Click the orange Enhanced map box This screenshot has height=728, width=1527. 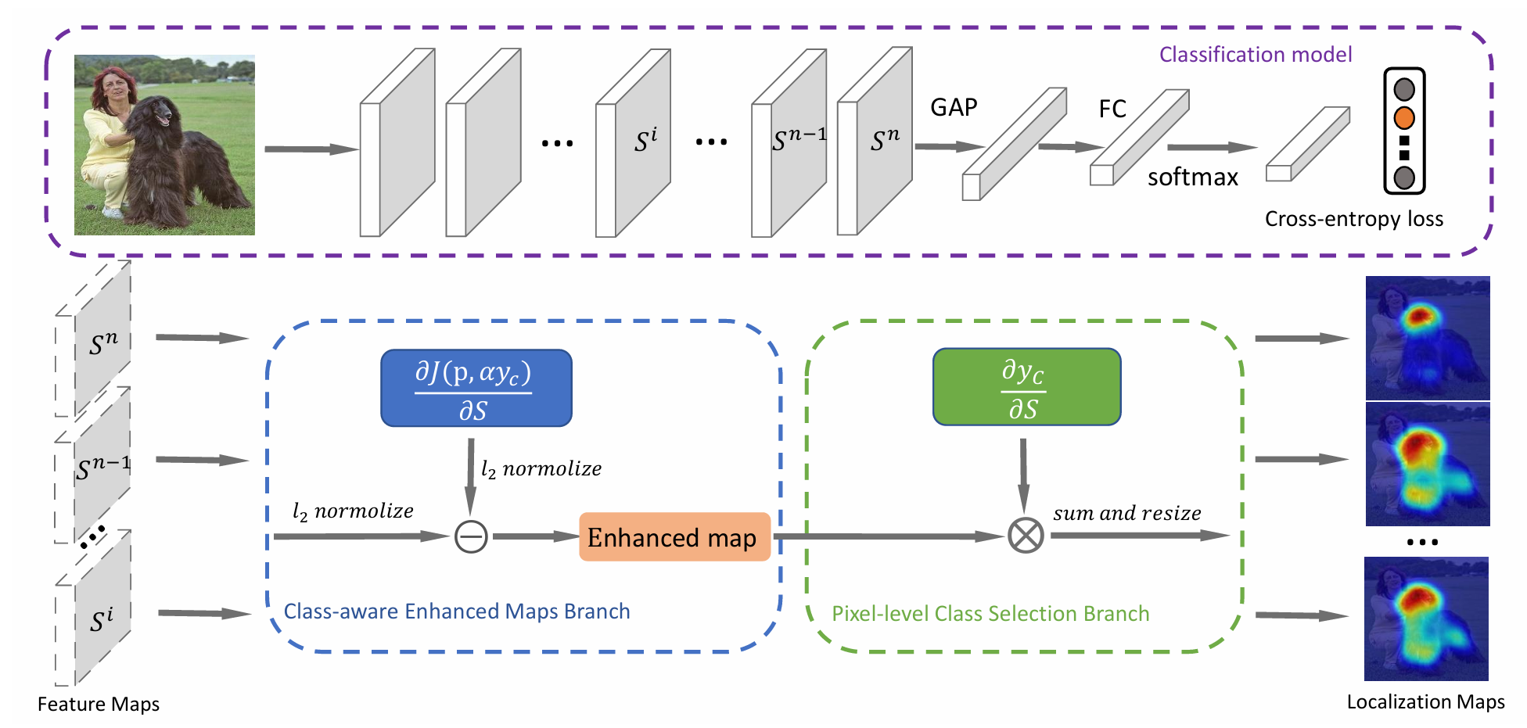[674, 537]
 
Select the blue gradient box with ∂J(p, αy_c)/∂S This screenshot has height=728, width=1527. [476, 388]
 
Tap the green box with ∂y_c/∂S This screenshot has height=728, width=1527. [1026, 387]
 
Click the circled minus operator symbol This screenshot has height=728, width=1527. [471, 536]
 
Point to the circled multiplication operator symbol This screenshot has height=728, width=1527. [1026, 536]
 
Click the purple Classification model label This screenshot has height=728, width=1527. [1255, 55]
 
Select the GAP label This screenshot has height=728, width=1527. [954, 107]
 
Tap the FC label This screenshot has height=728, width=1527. [1112, 109]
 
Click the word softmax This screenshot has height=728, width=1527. [1192, 178]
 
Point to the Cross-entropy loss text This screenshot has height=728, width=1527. [1353, 219]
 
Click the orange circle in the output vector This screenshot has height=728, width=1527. [1404, 118]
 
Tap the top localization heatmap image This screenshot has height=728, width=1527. [1428, 338]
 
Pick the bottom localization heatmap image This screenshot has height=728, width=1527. [1426, 619]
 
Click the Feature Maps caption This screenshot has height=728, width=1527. [99, 705]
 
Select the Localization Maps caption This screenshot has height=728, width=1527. [1425, 702]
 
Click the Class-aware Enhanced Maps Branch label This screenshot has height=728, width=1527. [456, 611]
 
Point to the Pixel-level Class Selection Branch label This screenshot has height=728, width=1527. [990, 614]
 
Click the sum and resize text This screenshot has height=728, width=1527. [1126, 514]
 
